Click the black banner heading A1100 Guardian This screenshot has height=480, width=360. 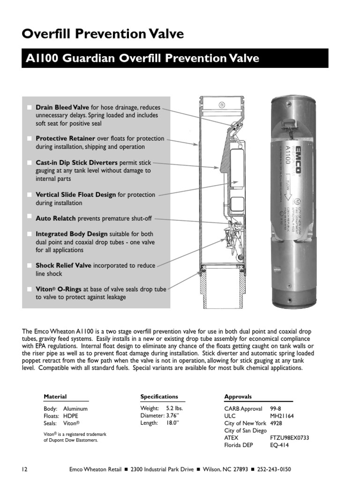tap(175, 59)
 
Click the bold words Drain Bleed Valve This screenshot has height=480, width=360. tap(63, 107)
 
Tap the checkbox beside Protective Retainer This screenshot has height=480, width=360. tap(30, 139)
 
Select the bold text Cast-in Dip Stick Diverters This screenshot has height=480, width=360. tap(77, 163)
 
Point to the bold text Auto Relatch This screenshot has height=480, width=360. tap(56, 218)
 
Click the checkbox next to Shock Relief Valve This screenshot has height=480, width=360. tap(30, 266)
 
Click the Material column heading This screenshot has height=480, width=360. tap(55, 397)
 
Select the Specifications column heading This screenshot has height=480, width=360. tap(159, 397)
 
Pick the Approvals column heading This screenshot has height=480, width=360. tap(238, 397)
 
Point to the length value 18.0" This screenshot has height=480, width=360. tap(172, 423)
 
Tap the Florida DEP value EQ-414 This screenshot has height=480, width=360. tap(280, 445)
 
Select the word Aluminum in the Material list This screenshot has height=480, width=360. tap(75, 409)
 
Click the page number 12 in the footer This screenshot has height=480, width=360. tap(25, 469)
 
